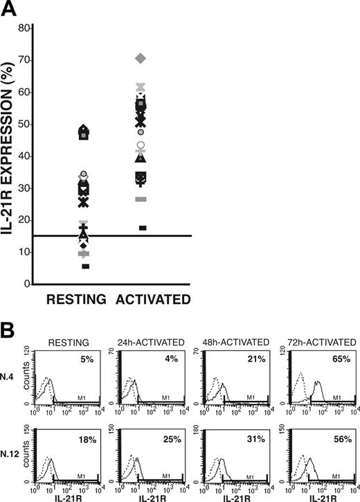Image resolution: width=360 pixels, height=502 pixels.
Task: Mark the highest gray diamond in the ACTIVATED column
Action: (x=141, y=60)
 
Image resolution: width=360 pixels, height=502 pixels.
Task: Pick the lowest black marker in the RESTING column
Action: (x=86, y=266)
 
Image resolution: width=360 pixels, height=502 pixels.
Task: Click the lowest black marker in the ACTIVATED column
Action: (x=142, y=228)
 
